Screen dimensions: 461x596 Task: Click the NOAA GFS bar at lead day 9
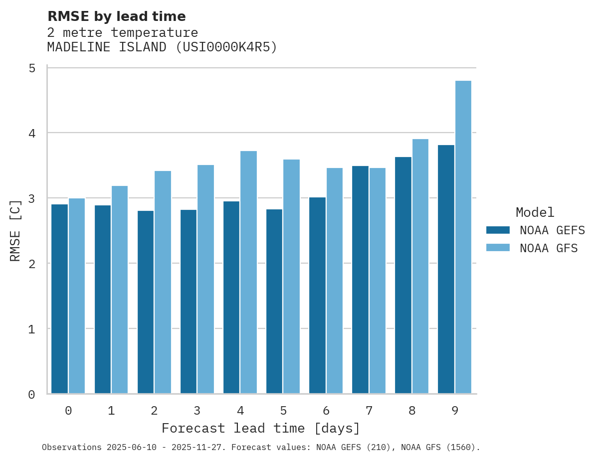click(463, 237)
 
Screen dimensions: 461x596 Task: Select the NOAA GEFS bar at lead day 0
click(60, 299)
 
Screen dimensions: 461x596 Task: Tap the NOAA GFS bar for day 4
click(248, 272)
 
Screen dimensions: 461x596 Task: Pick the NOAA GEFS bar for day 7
click(360, 280)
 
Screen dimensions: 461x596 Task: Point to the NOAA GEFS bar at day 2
click(146, 302)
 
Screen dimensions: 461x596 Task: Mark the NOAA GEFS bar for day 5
click(274, 301)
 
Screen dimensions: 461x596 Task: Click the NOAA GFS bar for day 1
click(120, 290)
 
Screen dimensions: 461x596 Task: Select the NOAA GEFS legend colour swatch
click(498, 230)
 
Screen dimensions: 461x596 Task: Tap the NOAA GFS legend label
click(549, 248)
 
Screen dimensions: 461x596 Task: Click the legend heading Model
click(535, 213)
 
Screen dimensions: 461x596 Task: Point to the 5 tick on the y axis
click(32, 68)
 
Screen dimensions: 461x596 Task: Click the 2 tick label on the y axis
click(32, 264)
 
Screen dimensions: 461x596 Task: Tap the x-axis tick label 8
click(412, 411)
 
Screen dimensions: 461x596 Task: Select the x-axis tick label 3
click(198, 411)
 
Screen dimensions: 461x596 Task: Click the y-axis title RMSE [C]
click(15, 230)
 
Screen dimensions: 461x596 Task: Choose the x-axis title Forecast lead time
click(260, 429)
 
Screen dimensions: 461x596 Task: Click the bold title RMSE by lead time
click(117, 16)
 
